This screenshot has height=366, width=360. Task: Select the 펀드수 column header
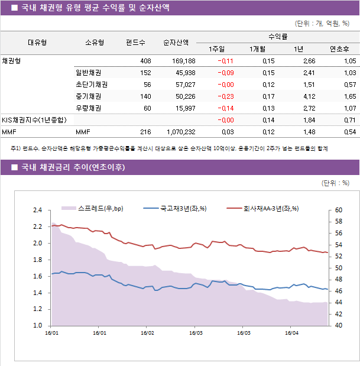135,43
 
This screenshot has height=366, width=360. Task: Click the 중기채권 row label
88,96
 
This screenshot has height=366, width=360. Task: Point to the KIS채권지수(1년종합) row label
34,120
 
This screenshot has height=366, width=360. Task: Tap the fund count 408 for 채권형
145,61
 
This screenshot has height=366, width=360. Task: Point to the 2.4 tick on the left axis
37,210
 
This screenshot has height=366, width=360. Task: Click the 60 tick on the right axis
338,210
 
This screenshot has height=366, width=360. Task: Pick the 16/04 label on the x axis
291,333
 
